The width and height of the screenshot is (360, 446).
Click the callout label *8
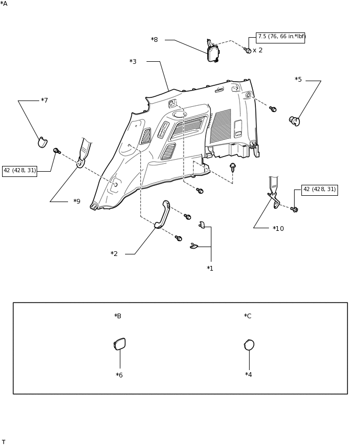(x=154, y=40)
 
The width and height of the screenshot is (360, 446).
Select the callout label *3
(x=133, y=62)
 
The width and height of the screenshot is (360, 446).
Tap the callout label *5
(x=298, y=80)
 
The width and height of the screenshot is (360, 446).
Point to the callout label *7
(x=44, y=101)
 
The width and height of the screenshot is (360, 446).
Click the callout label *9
(x=77, y=202)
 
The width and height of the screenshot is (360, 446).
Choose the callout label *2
(x=114, y=254)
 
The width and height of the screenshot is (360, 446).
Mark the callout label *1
(x=210, y=269)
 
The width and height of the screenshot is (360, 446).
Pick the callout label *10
(x=278, y=229)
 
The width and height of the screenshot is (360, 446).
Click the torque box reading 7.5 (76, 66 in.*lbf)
(x=280, y=37)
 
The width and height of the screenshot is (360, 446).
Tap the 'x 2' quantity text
(x=257, y=50)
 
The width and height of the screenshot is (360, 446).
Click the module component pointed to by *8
(x=212, y=53)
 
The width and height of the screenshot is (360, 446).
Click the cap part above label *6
(x=120, y=344)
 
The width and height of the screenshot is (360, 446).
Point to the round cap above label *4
(x=249, y=345)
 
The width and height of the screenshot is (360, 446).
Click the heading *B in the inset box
(x=118, y=316)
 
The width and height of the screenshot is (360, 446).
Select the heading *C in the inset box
(x=248, y=316)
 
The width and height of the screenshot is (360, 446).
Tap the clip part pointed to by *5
(x=295, y=121)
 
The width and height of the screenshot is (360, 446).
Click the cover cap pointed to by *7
(x=42, y=142)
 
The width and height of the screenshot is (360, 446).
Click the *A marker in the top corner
(x=4, y=4)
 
